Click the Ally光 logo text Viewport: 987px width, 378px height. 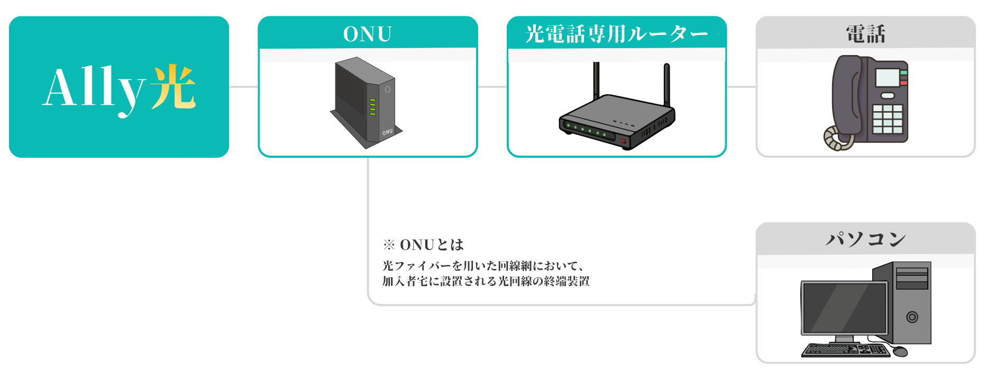[119, 88]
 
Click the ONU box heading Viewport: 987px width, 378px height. [368, 34]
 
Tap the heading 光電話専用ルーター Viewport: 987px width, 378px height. [616, 34]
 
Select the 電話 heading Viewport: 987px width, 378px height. [865, 34]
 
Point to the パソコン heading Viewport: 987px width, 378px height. [865, 239]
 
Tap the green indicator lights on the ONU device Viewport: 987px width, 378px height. [372, 106]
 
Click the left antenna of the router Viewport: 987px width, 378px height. [596, 79]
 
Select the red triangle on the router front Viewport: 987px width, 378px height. [623, 141]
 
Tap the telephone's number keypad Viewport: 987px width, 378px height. [887, 119]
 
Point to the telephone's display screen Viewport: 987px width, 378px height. [888, 78]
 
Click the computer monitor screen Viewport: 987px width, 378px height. [844, 308]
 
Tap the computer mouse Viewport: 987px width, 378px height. [900, 351]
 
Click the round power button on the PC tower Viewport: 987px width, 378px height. [912, 317]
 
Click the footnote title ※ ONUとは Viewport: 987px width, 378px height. [423, 245]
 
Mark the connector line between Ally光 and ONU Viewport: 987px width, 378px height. [243, 87]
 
